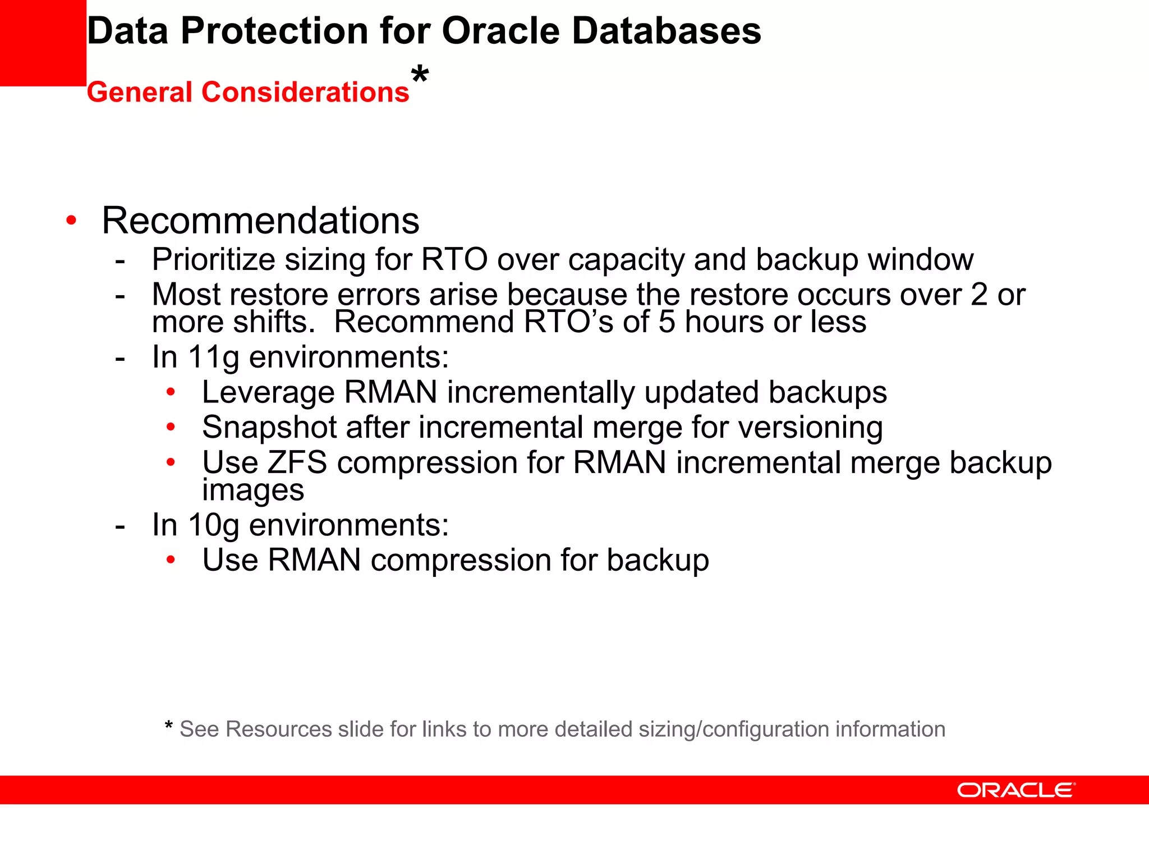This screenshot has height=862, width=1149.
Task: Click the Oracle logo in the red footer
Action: pyautogui.click(x=1015, y=790)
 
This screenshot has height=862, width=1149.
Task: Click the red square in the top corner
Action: pyautogui.click(x=43, y=43)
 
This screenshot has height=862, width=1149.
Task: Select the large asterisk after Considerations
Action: pyautogui.click(x=420, y=75)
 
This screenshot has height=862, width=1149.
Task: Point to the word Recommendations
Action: pyautogui.click(x=260, y=221)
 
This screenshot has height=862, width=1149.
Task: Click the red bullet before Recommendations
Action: pyautogui.click(x=71, y=220)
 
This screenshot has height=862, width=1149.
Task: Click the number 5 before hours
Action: pyautogui.click(x=667, y=322)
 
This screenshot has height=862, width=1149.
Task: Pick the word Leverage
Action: pyautogui.click(x=268, y=392)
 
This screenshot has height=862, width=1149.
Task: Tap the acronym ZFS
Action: pyautogui.click(x=297, y=462)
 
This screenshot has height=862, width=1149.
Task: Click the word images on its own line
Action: pyautogui.click(x=253, y=490)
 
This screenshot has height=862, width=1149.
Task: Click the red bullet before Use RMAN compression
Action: pyautogui.click(x=171, y=560)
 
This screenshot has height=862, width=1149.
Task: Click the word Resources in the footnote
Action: pyautogui.click(x=278, y=729)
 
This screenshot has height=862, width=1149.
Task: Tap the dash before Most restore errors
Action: pyautogui.click(x=120, y=295)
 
